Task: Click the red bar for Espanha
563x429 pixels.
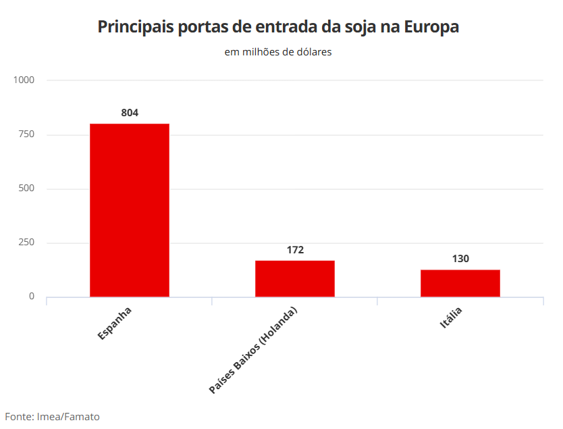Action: [x=130, y=210]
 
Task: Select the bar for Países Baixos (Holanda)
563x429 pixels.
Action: [x=295, y=278]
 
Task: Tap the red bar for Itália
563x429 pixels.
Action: [x=460, y=283]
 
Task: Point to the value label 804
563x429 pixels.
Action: [x=130, y=113]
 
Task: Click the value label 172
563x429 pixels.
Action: [x=295, y=250]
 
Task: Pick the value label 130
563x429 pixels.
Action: [x=460, y=259]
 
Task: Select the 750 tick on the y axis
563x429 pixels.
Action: [x=26, y=134]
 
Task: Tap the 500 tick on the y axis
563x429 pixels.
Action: [x=26, y=188]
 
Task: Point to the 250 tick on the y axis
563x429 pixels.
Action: [x=26, y=243]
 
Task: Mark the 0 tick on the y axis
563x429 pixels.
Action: [x=31, y=297]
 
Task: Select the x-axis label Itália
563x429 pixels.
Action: [x=451, y=318]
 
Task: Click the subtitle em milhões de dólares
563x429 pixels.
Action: [x=278, y=51]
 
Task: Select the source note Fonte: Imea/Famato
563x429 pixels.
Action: [x=53, y=417]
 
